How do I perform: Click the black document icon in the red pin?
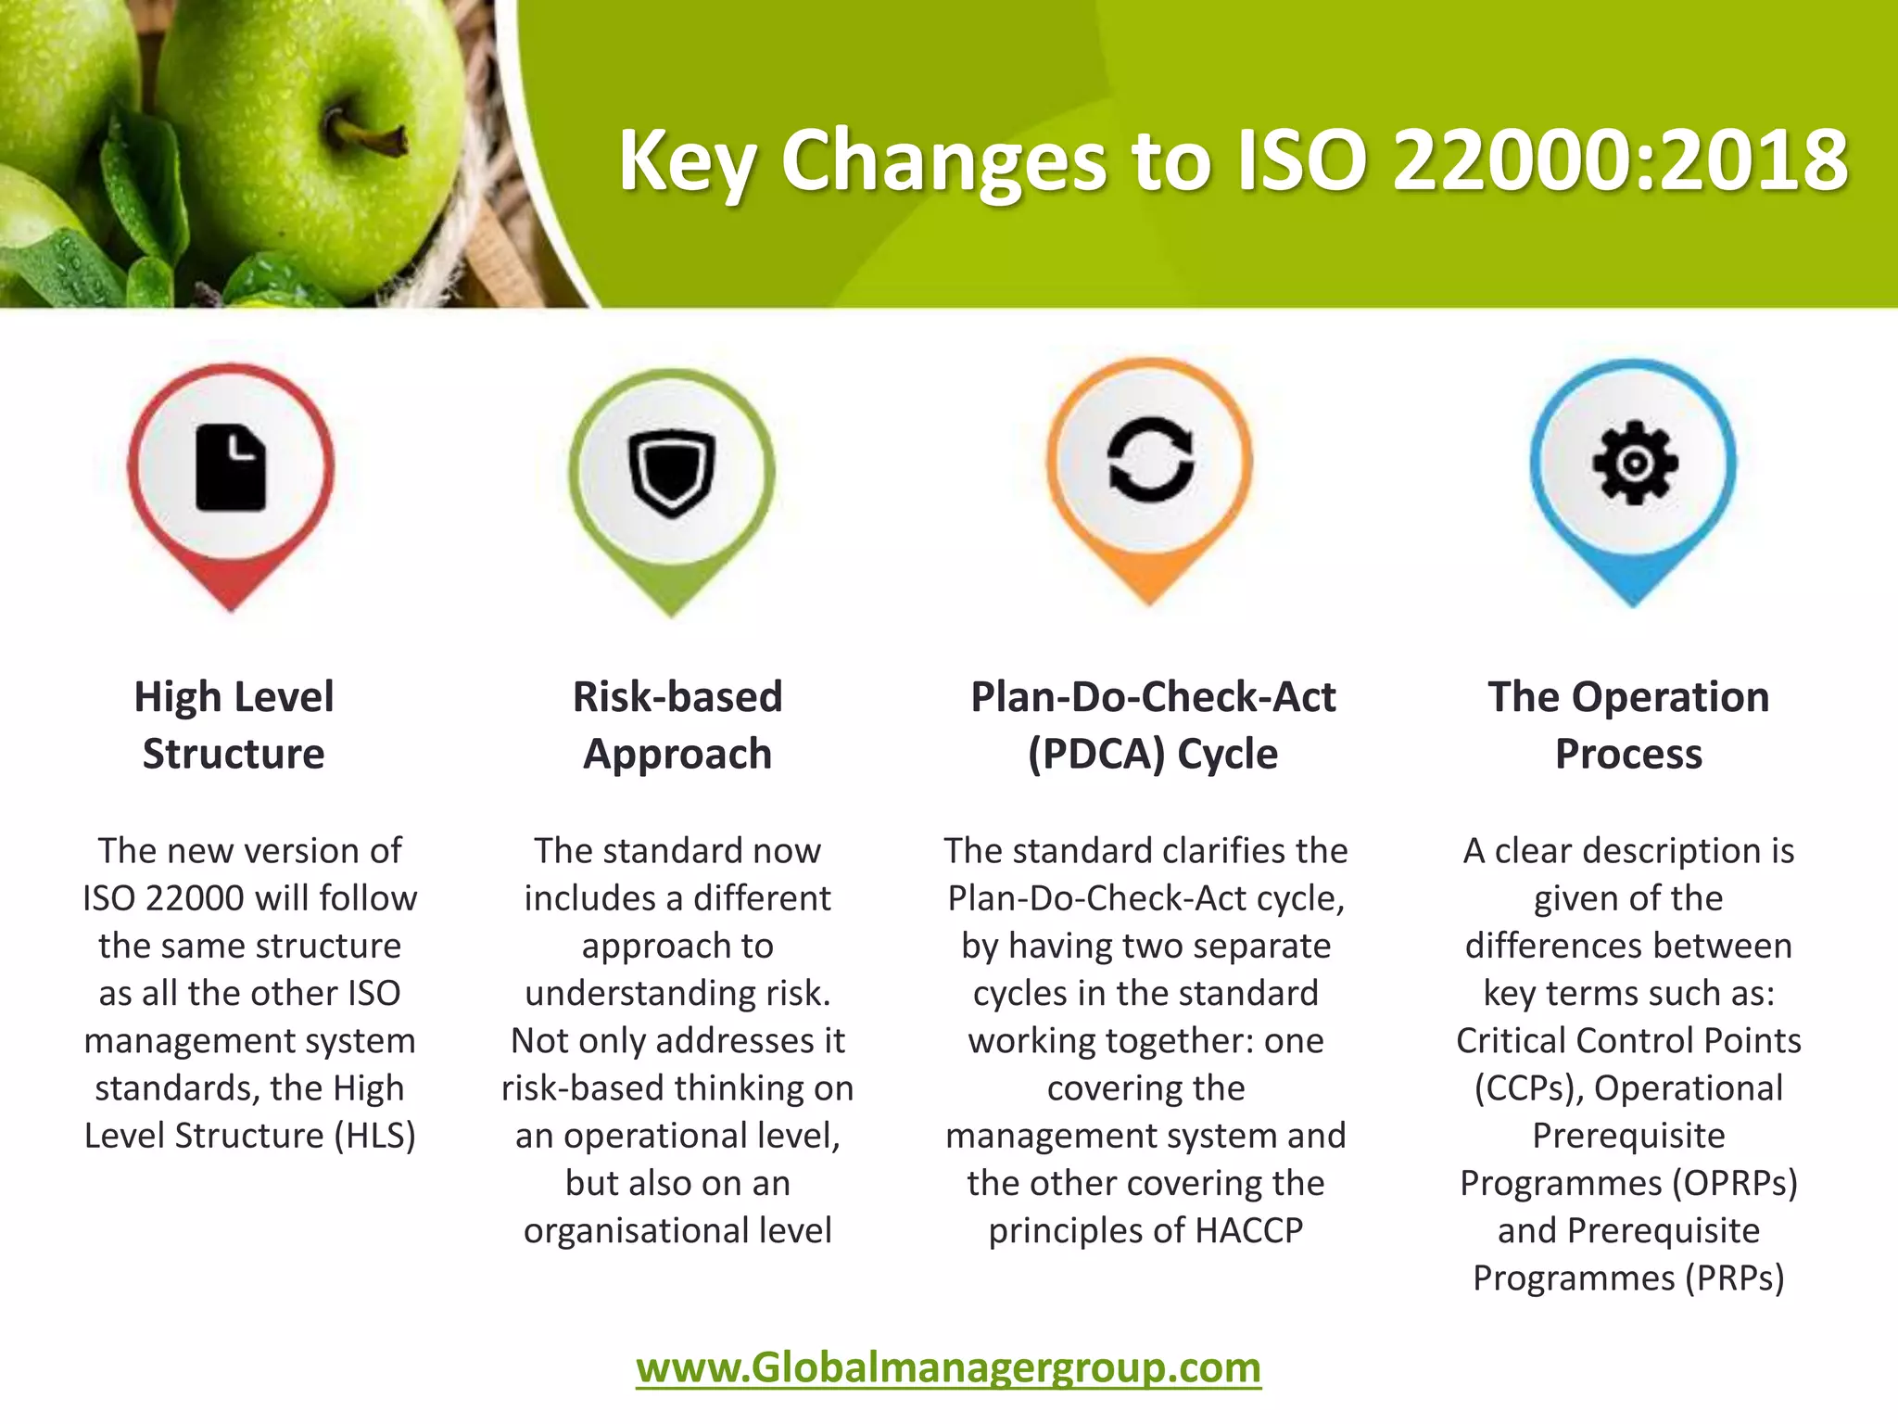coord(231,467)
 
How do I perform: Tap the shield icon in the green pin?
coord(672,472)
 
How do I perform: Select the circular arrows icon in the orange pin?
coord(1150,460)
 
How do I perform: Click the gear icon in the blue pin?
coord(1634,463)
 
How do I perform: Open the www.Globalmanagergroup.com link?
coord(948,1368)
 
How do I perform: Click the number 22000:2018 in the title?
coord(1620,161)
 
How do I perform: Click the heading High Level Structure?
coord(234,725)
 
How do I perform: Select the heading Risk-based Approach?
coord(677,725)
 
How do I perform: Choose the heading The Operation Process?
coord(1628,725)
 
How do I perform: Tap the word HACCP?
coord(1248,1231)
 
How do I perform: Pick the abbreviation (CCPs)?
coord(1528,1088)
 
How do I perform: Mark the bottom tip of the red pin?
coord(232,609)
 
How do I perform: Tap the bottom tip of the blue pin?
coord(1633,604)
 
